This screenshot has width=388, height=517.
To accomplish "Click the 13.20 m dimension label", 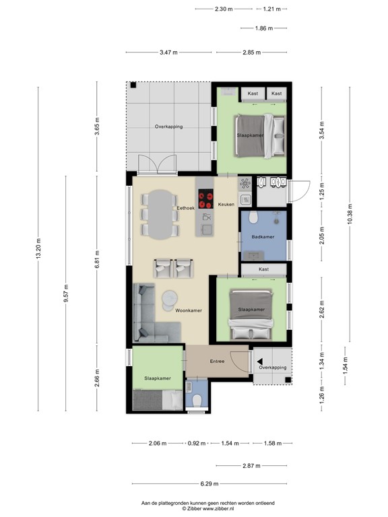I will [38, 246].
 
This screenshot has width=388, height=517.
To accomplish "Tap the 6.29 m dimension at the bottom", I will [209, 483].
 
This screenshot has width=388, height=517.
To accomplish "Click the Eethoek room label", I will [185, 209].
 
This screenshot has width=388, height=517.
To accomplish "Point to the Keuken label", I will [226, 204].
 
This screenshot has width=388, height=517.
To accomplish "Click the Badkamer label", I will [262, 237].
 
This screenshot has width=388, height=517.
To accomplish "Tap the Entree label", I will [217, 361].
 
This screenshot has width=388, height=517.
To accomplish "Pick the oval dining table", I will [161, 214].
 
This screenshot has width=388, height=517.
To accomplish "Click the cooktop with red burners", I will [205, 200].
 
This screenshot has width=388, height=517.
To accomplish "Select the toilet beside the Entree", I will [197, 401].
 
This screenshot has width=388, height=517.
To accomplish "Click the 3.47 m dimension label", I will [169, 52].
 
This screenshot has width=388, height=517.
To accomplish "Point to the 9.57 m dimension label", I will [66, 294].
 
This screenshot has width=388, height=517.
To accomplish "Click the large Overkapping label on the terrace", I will [168, 127].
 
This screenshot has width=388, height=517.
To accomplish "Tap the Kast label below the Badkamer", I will [263, 269].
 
